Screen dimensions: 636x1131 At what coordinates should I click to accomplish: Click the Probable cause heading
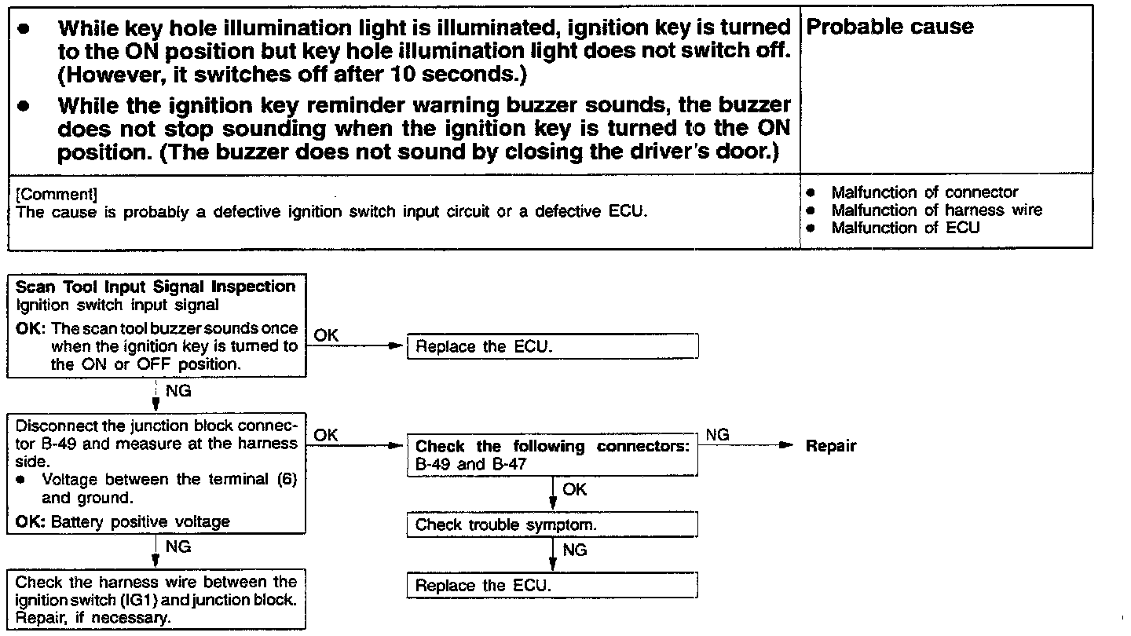[890, 27]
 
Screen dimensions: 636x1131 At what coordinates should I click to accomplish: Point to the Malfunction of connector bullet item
[924, 192]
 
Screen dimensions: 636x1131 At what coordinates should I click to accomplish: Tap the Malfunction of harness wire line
[936, 210]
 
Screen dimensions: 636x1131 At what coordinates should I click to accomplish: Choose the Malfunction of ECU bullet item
[905, 228]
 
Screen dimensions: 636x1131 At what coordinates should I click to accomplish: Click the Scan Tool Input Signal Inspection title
[156, 287]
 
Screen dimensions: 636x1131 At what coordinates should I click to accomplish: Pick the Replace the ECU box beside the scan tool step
[552, 347]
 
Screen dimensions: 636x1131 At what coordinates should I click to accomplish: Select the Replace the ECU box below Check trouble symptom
[552, 586]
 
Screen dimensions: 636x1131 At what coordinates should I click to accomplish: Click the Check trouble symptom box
[552, 525]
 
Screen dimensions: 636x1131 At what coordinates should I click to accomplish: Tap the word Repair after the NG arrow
[831, 446]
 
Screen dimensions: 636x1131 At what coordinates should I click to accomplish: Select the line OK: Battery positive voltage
[123, 522]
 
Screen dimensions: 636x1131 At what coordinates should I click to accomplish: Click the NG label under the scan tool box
[179, 389]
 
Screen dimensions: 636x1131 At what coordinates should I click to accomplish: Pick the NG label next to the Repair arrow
[717, 434]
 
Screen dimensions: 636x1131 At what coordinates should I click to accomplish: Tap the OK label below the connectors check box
[574, 489]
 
